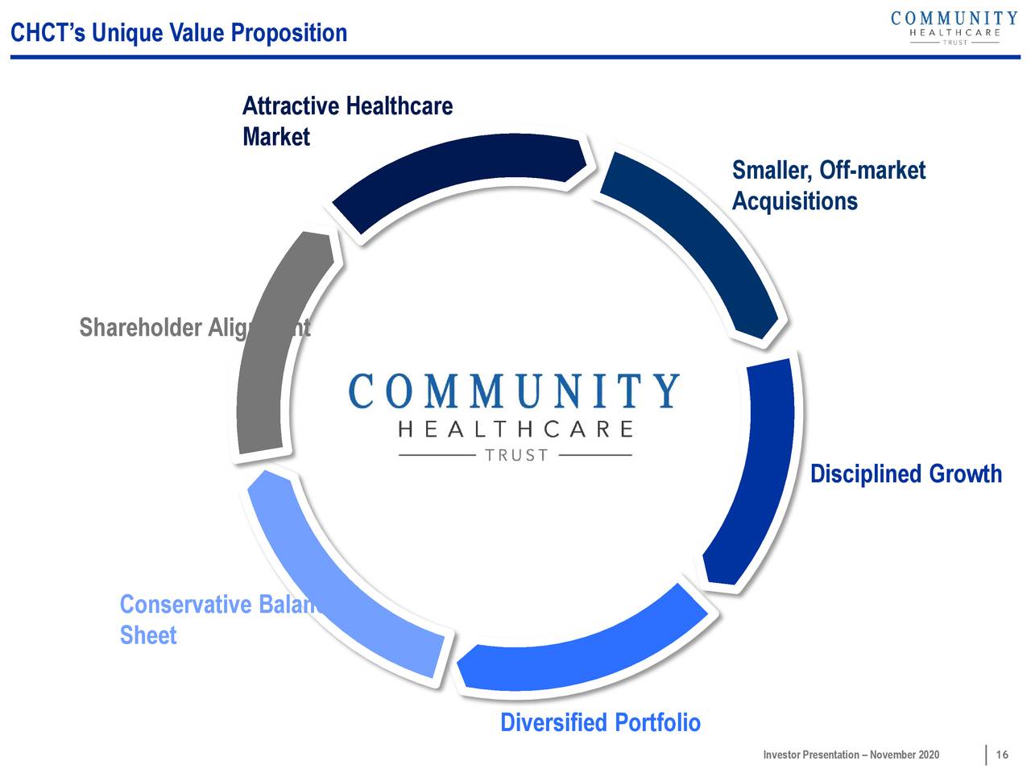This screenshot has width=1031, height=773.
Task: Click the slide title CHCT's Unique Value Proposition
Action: (178, 33)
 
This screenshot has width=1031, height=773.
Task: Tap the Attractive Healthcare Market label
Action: (346, 121)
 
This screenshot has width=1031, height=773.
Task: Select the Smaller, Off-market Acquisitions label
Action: (828, 185)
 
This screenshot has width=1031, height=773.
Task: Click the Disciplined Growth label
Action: (905, 473)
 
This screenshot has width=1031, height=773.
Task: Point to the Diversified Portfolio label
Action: (600, 722)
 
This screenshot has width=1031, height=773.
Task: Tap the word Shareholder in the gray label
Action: (140, 328)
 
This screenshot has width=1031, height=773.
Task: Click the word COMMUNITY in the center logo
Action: (514, 392)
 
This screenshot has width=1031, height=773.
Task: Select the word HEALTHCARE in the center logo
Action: (515, 429)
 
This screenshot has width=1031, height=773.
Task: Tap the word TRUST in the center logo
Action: (515, 456)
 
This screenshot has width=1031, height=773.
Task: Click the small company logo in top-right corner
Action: (954, 27)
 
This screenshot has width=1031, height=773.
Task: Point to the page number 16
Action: (1002, 754)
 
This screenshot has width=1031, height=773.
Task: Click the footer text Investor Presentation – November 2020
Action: (851, 754)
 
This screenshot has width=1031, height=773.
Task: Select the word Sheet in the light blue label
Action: (148, 635)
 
